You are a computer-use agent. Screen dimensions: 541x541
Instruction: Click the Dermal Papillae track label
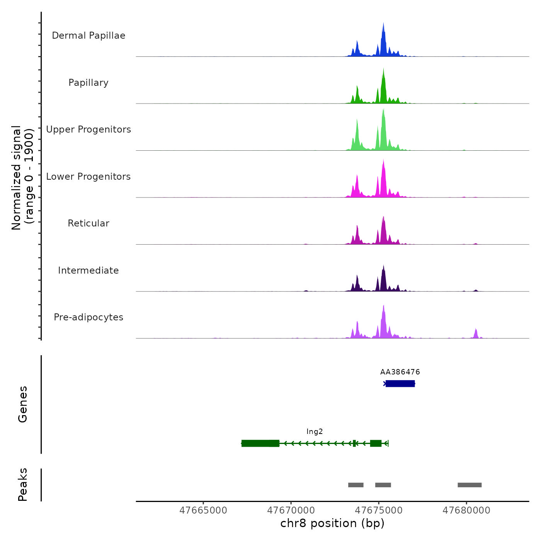click(88, 36)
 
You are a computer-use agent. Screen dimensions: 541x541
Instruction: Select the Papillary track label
click(88, 83)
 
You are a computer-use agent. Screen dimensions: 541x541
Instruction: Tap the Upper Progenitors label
click(88, 129)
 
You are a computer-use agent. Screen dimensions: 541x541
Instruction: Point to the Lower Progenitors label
click(88, 177)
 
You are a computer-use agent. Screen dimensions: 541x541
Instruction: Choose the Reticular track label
click(88, 223)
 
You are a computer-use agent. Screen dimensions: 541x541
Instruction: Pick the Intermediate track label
click(88, 270)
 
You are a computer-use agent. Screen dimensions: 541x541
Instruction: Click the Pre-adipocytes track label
click(88, 317)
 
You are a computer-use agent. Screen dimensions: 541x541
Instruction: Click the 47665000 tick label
click(204, 510)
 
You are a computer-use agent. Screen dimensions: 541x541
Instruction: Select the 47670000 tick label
click(291, 510)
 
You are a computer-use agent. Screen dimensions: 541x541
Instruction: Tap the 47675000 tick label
click(379, 510)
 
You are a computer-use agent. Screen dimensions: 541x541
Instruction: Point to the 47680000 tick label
click(466, 510)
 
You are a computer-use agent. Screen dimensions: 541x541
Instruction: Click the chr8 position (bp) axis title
click(332, 523)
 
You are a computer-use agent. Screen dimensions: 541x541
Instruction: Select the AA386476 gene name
click(400, 372)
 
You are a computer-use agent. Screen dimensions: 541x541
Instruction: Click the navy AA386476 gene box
click(400, 383)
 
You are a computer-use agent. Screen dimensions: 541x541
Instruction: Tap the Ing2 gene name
click(315, 432)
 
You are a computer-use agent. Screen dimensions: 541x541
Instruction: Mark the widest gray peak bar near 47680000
click(470, 485)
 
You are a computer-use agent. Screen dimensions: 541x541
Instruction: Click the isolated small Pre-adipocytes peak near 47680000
click(476, 333)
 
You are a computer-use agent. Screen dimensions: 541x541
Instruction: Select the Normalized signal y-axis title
click(22, 178)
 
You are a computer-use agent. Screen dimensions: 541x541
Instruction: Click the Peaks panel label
click(23, 485)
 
